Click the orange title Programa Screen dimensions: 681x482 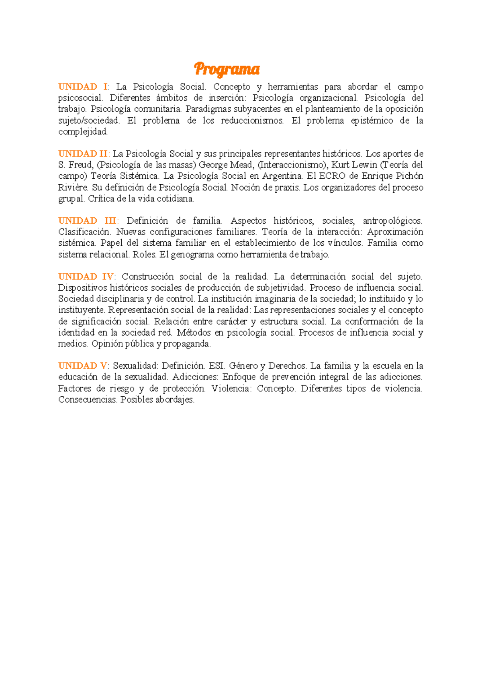(227, 69)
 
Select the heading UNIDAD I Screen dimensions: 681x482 (83, 87)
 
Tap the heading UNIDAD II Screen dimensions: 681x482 (84, 154)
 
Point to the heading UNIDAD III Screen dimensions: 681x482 (88, 221)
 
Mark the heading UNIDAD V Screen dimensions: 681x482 (83, 366)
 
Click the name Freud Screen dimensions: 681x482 (80, 165)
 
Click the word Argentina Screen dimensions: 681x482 (282, 176)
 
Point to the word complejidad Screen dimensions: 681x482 (83, 132)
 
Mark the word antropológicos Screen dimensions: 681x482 (392, 221)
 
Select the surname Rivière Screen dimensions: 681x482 (74, 188)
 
